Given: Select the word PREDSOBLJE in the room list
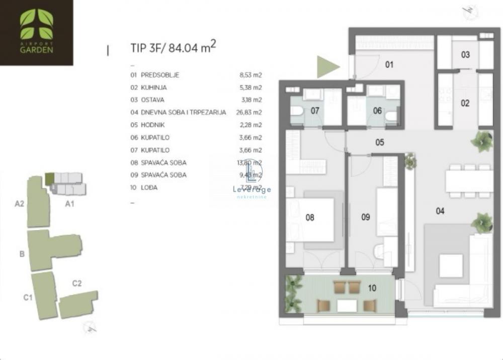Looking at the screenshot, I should coord(160,75).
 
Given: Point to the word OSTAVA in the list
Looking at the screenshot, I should coord(152,100).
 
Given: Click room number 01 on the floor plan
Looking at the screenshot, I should coord(389,64).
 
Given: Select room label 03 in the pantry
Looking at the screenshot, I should coord(465,54).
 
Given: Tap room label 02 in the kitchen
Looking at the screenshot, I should coord(465,104).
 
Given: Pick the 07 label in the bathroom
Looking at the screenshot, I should coord(315,111).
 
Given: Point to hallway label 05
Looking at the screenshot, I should coord(379,142).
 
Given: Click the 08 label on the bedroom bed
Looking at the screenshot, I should coord(310,218).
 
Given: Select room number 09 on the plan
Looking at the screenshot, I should coord(366,217).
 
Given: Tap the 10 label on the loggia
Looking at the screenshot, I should coord(372,288).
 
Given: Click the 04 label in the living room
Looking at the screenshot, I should coord(440,211).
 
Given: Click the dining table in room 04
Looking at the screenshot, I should coord(469,181).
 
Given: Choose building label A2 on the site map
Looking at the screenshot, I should coord(20,204).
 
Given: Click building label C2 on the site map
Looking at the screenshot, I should coord(77,283).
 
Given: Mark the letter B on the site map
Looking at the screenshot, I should coord(22,254).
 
